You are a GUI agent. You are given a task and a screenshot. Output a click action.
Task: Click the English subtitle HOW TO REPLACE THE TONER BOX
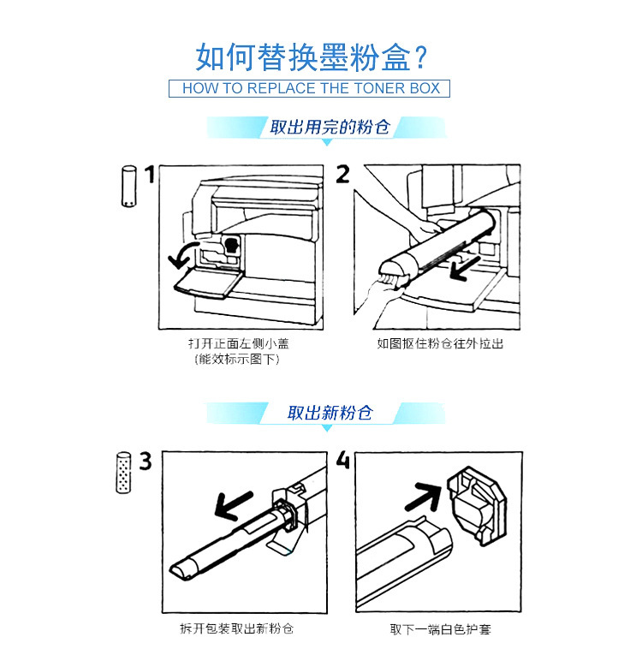(x=312, y=88)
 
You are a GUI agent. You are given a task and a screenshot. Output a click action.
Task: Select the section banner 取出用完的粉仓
(x=330, y=128)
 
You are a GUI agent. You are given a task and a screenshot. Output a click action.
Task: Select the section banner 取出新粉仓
(x=330, y=413)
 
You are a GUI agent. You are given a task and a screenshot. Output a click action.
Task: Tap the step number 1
(x=150, y=176)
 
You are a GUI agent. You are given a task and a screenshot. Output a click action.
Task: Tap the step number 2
(x=343, y=176)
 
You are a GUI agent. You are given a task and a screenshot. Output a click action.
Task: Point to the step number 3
(x=146, y=461)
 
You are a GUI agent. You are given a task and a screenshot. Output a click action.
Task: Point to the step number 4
(x=343, y=461)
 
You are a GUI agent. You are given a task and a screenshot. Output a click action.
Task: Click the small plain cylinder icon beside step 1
(x=128, y=187)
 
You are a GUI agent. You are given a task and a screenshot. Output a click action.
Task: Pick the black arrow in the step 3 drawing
(x=233, y=505)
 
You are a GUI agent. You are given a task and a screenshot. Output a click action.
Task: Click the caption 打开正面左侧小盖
(x=233, y=344)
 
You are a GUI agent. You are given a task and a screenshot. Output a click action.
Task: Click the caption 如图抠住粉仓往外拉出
(x=441, y=344)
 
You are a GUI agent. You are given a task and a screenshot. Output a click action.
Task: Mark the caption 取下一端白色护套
(x=441, y=629)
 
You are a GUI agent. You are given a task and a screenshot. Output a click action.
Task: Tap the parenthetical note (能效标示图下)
(x=233, y=359)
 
